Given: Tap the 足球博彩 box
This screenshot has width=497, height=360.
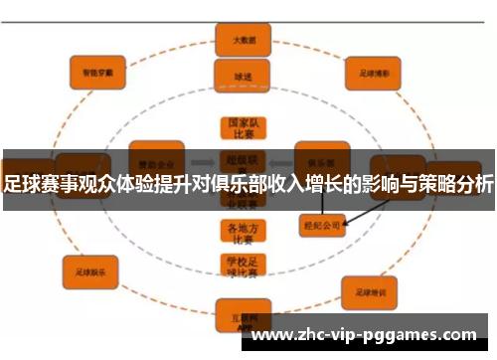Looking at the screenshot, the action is [x=365, y=73].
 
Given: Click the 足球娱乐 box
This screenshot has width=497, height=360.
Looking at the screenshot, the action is [x=90, y=269].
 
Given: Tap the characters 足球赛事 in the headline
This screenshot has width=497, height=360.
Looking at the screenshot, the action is [x=39, y=183].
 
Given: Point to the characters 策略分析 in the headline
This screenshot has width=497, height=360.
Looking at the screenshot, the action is [x=456, y=183].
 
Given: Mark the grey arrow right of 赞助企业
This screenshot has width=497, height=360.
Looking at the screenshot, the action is [x=198, y=159].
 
